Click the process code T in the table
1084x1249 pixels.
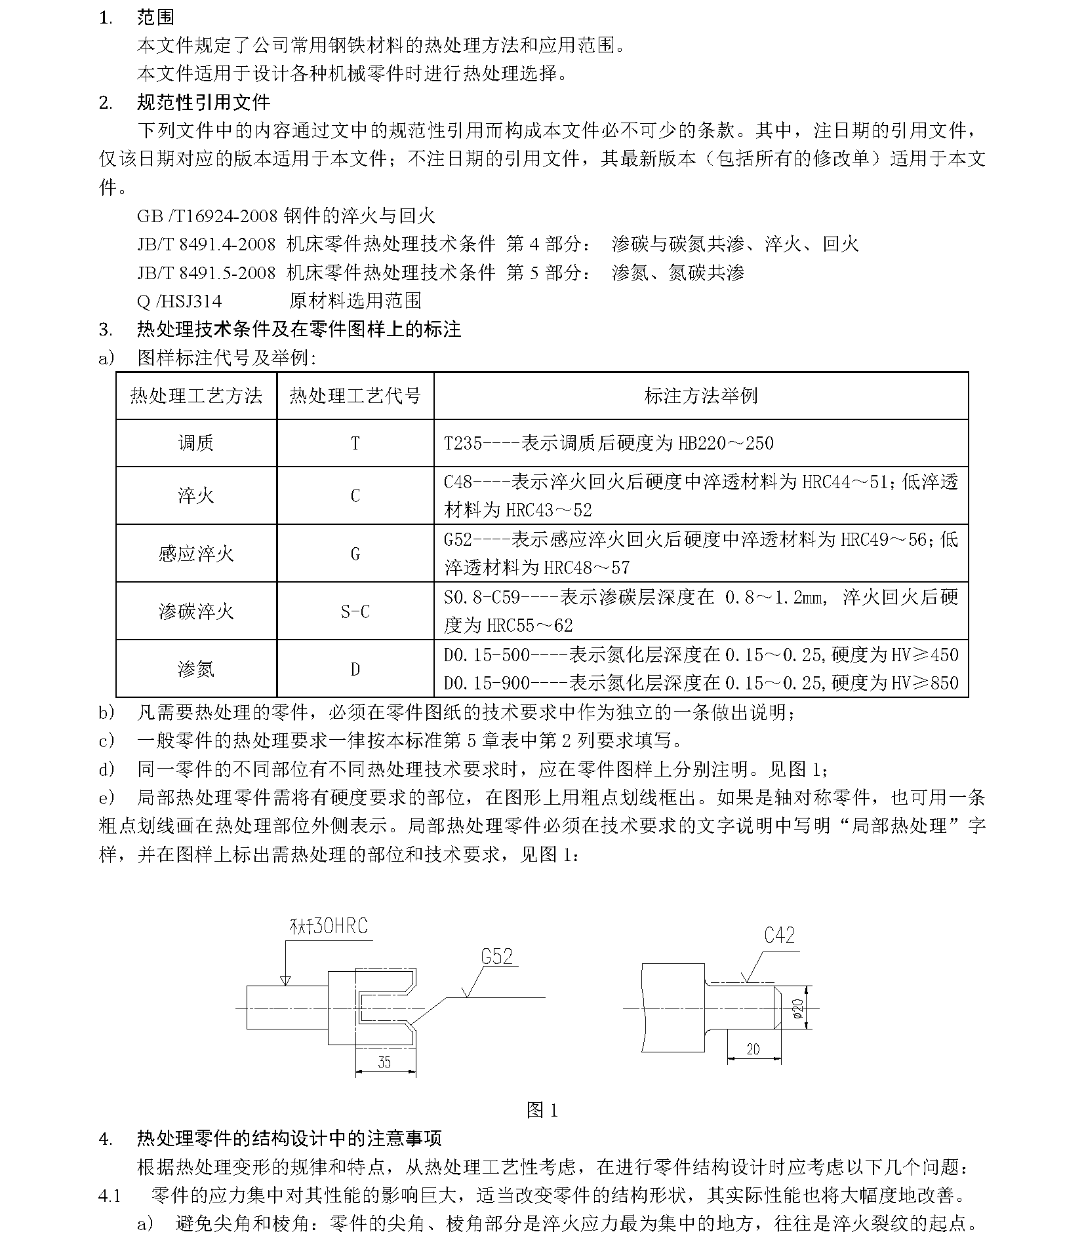point(355,444)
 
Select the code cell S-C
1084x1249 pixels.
point(355,612)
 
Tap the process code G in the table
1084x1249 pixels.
point(355,554)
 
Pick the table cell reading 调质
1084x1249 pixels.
point(196,444)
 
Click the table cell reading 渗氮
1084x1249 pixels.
point(196,669)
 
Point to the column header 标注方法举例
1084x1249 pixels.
point(700,396)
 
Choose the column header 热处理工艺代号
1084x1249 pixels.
point(355,396)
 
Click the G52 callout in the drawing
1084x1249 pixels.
point(496,957)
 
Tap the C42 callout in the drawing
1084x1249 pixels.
point(779,936)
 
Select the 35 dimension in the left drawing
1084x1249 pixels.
point(384,1062)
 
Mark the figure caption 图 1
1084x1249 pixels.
point(542,1110)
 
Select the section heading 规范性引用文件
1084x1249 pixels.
point(203,102)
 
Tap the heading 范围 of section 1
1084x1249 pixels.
point(155,17)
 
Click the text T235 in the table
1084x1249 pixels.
point(463,444)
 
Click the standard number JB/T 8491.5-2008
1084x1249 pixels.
point(207,273)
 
